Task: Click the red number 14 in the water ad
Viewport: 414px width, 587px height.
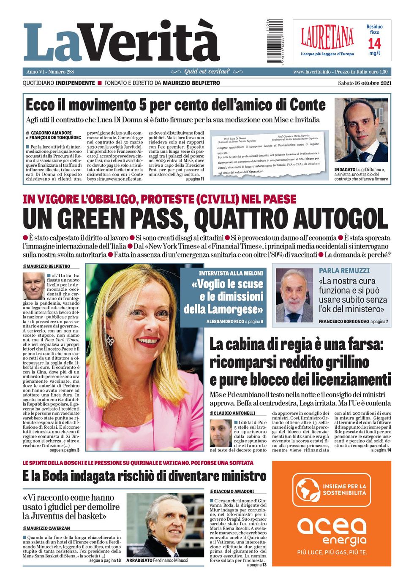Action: (x=374, y=43)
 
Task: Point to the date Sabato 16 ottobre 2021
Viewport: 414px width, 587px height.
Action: (x=365, y=83)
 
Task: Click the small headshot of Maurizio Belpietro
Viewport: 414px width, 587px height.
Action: (x=33, y=286)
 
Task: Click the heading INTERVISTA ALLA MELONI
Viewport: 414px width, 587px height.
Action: (x=231, y=273)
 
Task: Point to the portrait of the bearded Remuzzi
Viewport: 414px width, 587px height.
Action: (x=294, y=295)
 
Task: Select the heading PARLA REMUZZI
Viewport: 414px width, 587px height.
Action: (x=344, y=271)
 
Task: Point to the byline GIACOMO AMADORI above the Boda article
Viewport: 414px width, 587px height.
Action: (x=233, y=492)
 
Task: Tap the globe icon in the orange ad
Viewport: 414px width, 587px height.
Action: (x=308, y=490)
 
